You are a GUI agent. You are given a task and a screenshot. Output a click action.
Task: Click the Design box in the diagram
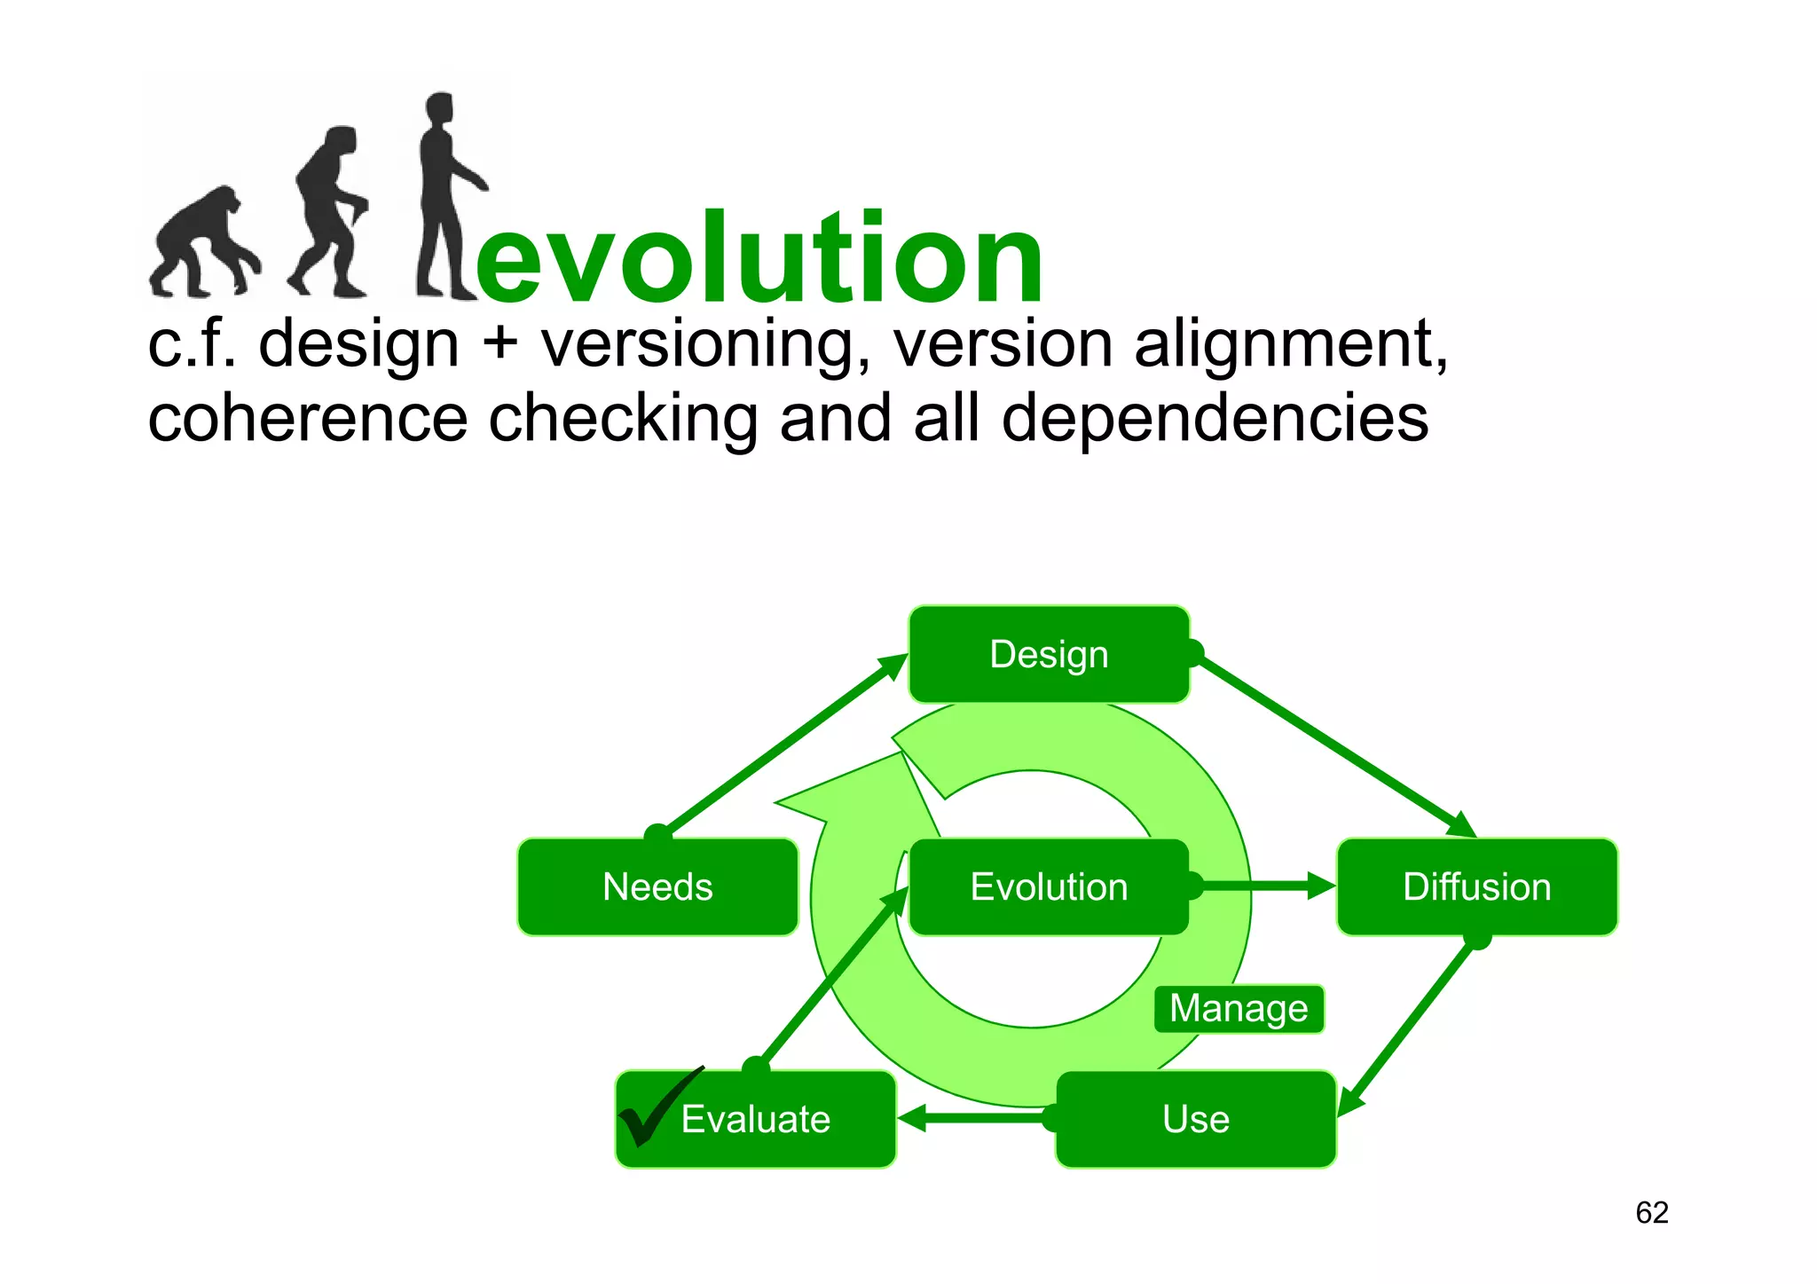[x=1049, y=655]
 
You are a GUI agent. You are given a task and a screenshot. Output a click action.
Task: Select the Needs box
[x=657, y=886]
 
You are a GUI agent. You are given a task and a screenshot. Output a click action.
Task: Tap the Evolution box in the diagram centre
[x=1049, y=886]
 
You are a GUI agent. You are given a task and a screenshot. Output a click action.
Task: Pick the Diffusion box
[x=1476, y=886]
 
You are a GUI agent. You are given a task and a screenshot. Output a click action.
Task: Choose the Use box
[x=1195, y=1119]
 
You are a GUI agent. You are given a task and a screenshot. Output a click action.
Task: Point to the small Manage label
[x=1239, y=1009]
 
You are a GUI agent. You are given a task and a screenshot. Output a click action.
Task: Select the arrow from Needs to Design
[x=781, y=745]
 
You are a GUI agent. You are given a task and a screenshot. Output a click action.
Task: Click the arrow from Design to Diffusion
[x=1331, y=741]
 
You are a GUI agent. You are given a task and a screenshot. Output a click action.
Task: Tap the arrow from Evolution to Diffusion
[x=1260, y=886]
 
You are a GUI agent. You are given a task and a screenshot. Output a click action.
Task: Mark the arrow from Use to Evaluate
[x=976, y=1118]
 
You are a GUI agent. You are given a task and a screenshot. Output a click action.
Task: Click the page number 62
[x=1651, y=1212]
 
